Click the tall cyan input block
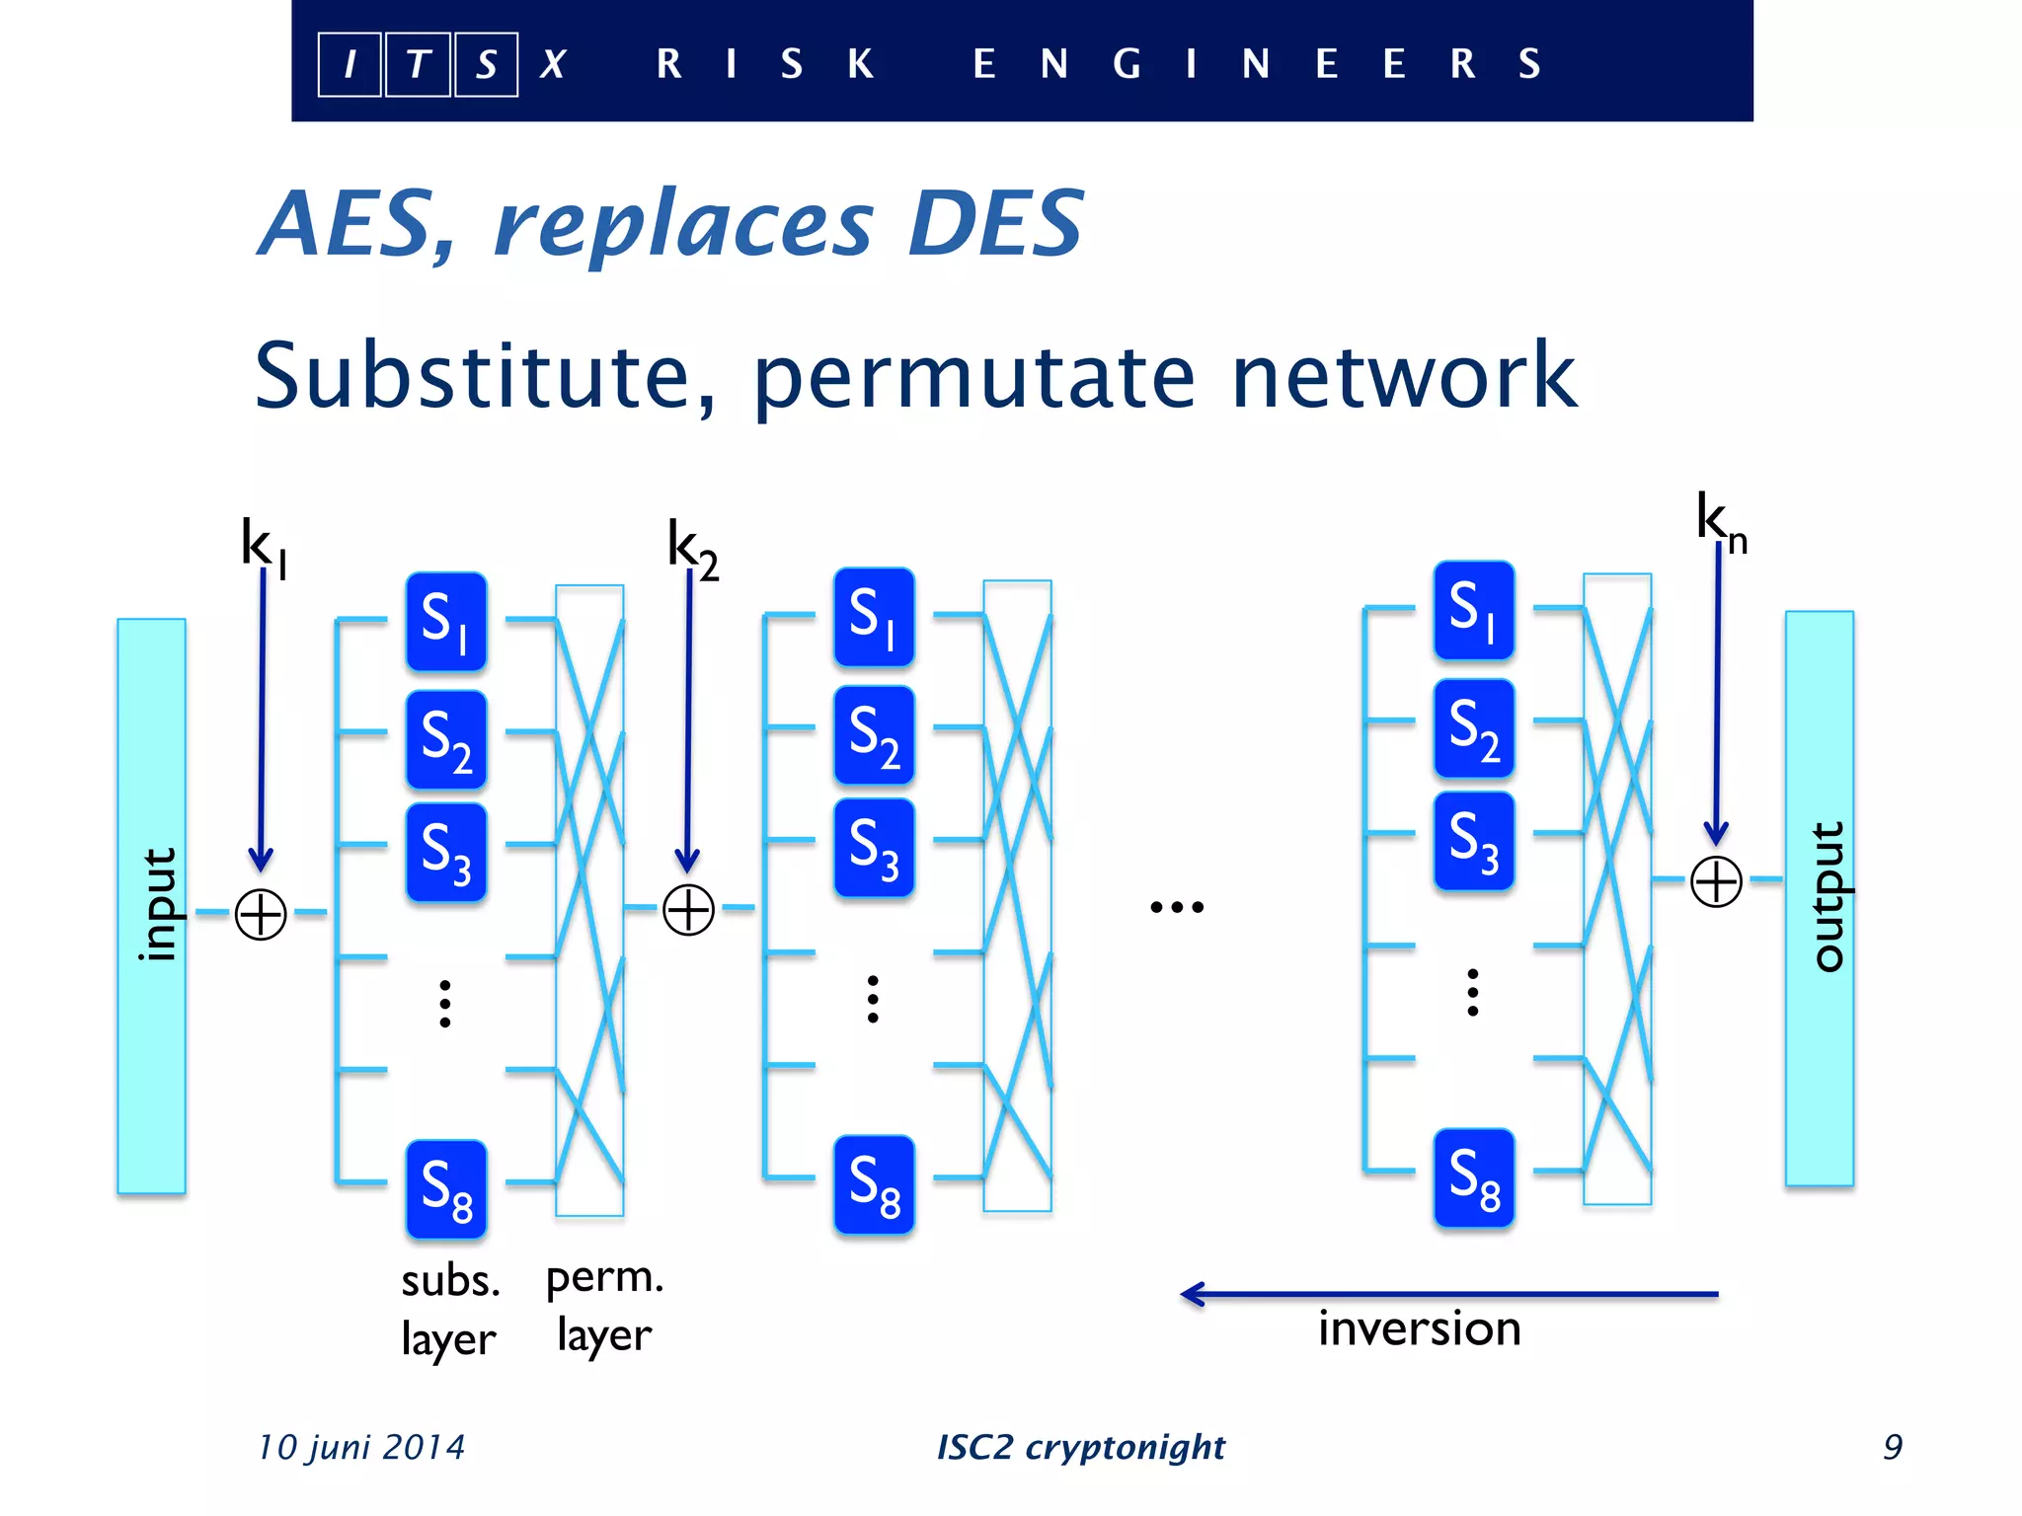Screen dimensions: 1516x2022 coord(151,905)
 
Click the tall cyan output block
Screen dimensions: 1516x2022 coord(1819,897)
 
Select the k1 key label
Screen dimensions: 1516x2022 coord(262,546)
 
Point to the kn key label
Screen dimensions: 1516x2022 coord(1720,521)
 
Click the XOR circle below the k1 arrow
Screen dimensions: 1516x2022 coord(261,914)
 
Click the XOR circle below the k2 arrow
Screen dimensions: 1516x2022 coord(688,909)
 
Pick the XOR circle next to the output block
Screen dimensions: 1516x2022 coord(1716,881)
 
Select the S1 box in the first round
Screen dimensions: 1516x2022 coord(446,622)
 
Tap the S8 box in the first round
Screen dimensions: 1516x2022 coord(446,1189)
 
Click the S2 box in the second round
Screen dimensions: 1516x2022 coord(874,735)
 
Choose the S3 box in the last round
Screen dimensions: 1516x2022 coord(1473,841)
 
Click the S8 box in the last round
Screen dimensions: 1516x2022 coord(1473,1178)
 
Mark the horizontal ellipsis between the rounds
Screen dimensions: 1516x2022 coord(1177,906)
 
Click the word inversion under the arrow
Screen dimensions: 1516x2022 coord(1419,1328)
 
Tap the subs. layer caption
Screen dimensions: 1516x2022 coord(450,1309)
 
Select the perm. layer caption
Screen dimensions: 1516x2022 coord(604,1305)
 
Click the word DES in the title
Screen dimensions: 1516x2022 coord(994,224)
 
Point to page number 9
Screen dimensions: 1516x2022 coord(1892,1447)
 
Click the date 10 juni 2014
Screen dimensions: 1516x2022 coord(360,1447)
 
